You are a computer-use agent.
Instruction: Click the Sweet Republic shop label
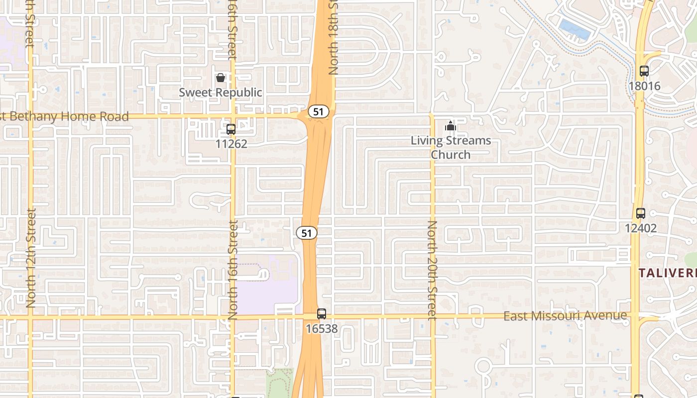pos(220,93)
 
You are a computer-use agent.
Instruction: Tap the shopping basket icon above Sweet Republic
pos(221,78)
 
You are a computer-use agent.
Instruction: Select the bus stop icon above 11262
pos(231,129)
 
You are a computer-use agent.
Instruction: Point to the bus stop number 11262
pos(231,144)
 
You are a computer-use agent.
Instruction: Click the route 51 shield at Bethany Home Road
pos(318,111)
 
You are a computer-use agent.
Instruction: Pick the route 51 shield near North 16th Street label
pos(307,232)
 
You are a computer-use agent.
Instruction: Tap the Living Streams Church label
pos(451,147)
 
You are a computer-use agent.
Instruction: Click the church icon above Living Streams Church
pos(451,126)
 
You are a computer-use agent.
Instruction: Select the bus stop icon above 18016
pos(644,71)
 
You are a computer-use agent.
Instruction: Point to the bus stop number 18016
pos(644,86)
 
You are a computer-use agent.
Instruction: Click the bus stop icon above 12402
pos(641,213)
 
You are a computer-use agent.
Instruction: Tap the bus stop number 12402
pos(641,228)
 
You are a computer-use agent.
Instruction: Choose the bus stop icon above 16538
pos(322,314)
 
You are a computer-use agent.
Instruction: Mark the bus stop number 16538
pos(322,329)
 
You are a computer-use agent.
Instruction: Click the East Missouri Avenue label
pos(565,316)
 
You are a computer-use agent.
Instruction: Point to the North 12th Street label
pos(31,258)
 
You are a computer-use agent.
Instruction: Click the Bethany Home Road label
pos(65,117)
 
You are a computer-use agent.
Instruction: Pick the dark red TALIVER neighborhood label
pos(667,273)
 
